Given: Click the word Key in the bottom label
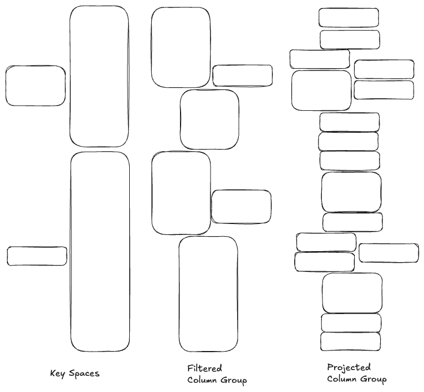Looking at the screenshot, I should click(58, 374).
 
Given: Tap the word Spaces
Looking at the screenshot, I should click(84, 374).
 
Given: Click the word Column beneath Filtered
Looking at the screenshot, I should click(197, 380).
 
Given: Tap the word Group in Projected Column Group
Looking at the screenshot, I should click(374, 379).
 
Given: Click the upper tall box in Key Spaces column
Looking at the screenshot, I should click(99, 76).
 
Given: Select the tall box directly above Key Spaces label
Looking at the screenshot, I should click(100, 252).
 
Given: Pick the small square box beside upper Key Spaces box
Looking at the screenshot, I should click(35, 85).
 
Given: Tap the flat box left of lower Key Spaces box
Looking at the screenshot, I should click(37, 256).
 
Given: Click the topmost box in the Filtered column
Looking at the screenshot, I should click(181, 48).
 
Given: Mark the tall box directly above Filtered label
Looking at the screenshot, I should click(208, 294).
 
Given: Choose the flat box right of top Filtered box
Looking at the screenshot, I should click(242, 76).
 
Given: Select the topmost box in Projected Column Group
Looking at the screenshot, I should click(348, 17).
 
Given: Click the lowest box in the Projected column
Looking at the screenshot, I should click(350, 342).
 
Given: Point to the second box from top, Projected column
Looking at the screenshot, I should click(350, 39).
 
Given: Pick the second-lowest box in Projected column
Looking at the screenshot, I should click(351, 323).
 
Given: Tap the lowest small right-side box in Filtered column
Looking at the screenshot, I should click(241, 207).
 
